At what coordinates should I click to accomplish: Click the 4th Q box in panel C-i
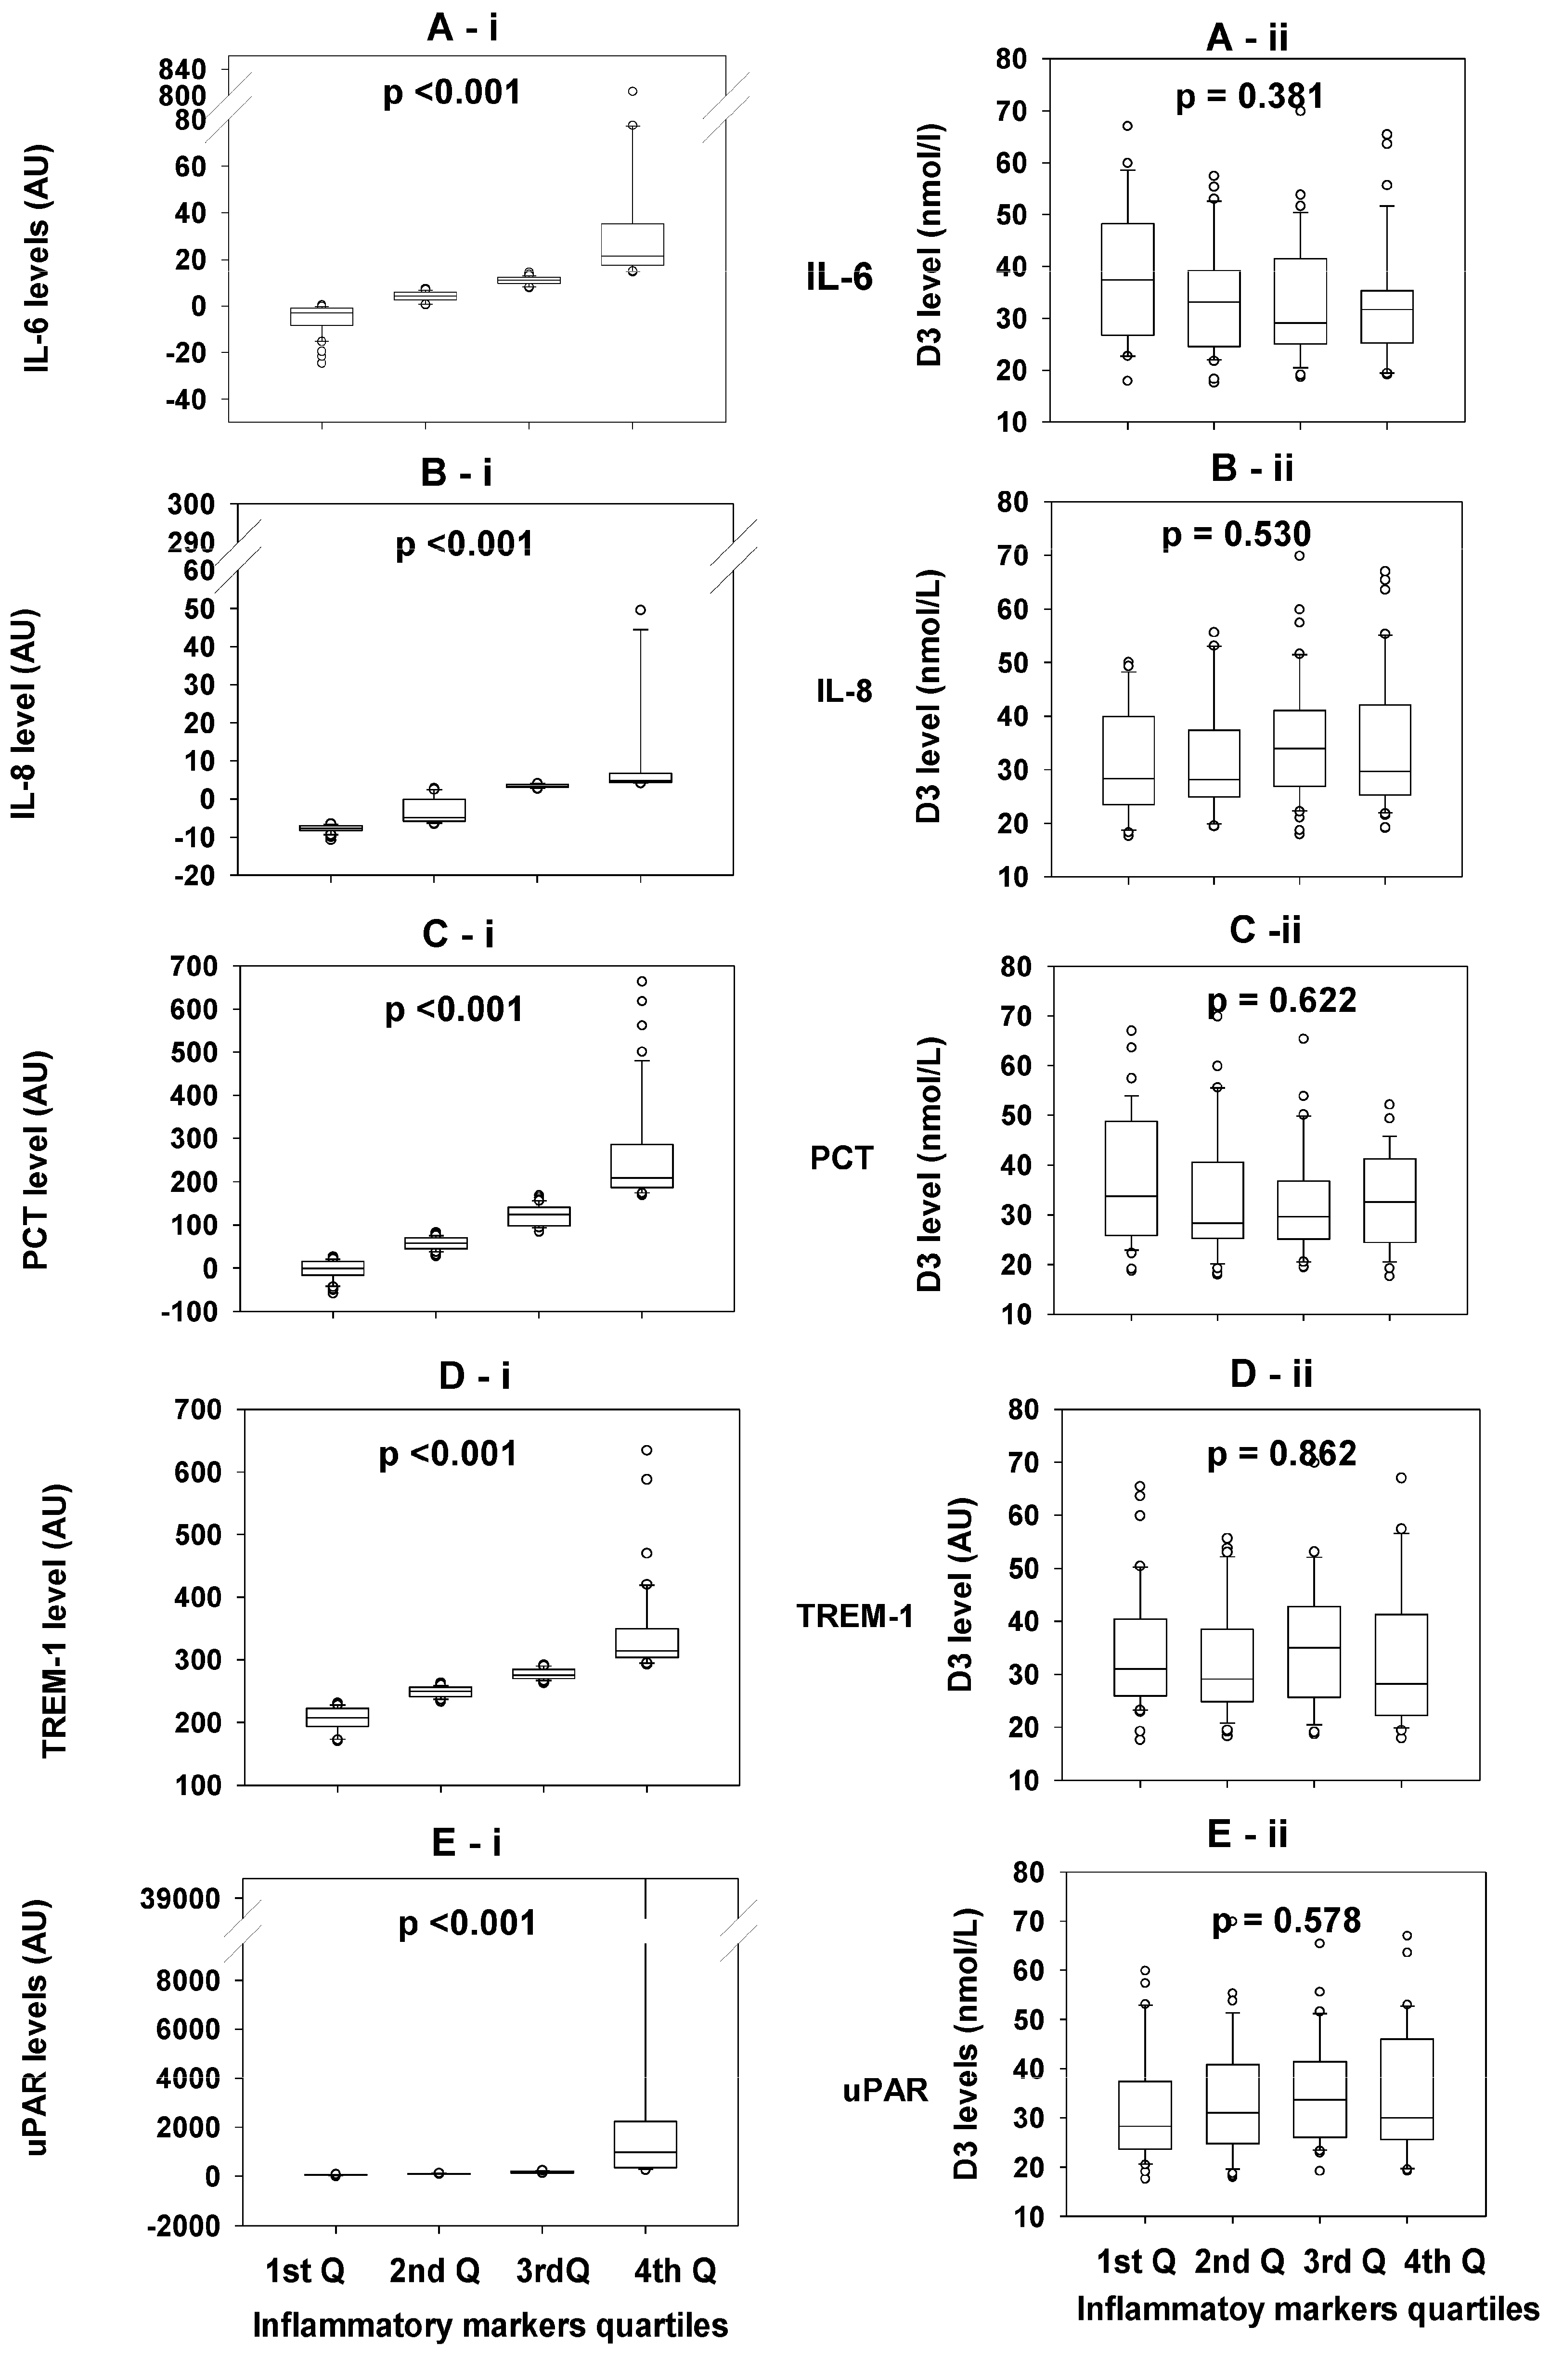coord(642,1165)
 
